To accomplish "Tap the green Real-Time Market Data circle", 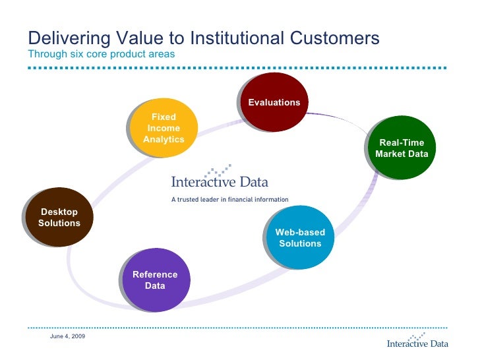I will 402,148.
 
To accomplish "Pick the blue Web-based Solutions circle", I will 300,238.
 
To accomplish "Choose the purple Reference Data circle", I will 156,280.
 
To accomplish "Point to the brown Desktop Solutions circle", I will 59,218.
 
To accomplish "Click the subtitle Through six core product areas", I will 101,54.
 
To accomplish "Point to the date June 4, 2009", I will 67,337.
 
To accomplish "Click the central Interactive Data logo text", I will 220,181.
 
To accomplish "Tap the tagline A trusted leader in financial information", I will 229,198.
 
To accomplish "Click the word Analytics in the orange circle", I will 164,140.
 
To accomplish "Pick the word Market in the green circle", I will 389,154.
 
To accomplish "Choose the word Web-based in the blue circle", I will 300,232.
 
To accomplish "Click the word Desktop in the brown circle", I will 59,212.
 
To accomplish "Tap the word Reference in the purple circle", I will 156,274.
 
